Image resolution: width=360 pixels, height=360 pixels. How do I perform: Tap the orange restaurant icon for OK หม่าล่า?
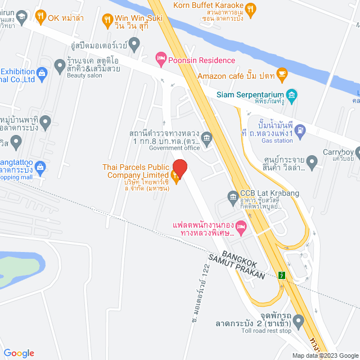(40, 17)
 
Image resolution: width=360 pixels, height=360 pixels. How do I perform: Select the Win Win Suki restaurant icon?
(107, 21)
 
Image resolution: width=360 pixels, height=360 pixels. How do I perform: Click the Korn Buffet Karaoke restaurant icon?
(251, 8)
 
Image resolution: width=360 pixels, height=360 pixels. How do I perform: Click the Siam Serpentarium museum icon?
(291, 94)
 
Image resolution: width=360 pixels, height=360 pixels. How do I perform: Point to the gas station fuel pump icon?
(300, 131)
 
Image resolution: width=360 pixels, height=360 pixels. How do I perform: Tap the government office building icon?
(206, 137)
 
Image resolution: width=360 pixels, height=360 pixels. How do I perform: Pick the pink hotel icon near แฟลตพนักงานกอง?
(241, 227)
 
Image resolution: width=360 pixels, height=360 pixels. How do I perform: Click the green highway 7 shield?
(281, 275)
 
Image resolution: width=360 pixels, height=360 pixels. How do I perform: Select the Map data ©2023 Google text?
(325, 355)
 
